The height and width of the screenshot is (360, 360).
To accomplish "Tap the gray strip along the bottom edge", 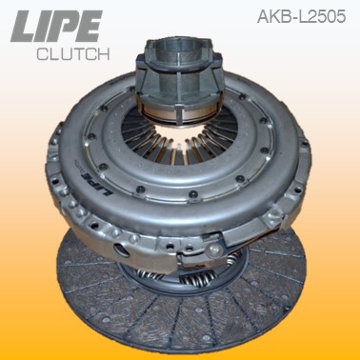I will click(x=180, y=354).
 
